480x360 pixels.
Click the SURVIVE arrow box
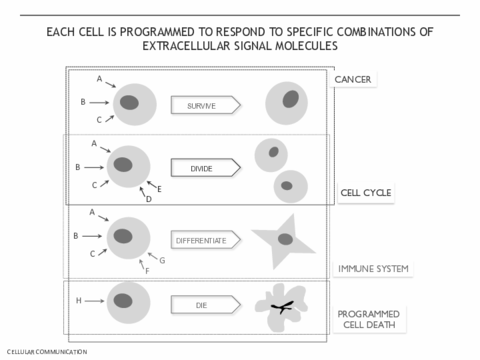pos(206,105)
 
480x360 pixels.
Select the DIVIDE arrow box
pos(206,168)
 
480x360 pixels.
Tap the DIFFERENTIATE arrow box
pos(206,240)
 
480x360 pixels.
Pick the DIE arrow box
pos(206,305)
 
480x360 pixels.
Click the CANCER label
pos(353,80)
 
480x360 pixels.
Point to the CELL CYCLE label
pos(366,193)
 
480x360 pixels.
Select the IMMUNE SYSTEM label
pos(373,269)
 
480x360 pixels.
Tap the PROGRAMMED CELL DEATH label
pos(369,319)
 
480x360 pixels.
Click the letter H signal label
pos(79,301)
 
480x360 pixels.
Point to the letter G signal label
pos(162,260)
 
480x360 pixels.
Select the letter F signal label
pos(147,271)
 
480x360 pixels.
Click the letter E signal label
pos(159,189)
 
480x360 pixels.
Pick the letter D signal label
pos(149,199)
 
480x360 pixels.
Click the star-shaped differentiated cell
pos(282,242)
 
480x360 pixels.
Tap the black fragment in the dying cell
pos(283,307)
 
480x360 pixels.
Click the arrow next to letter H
pos(94,301)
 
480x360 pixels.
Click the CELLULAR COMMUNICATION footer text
pos(47,352)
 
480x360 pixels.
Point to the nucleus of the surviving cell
pos(291,99)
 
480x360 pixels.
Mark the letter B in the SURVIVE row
pos(83,102)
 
